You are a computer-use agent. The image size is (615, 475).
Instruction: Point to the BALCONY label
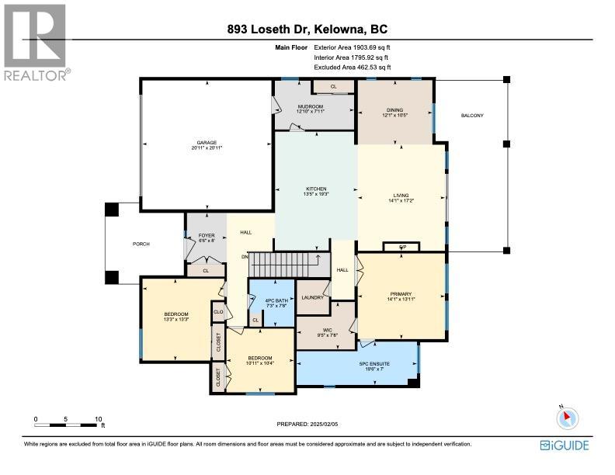pos(472,116)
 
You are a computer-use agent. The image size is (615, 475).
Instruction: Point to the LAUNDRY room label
pos(312,297)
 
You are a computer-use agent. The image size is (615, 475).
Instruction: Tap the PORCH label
pos(141,244)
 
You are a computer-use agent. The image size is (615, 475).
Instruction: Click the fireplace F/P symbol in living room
pos(402,247)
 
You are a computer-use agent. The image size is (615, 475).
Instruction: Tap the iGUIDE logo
pos(564,445)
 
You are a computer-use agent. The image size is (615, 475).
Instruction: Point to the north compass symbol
pos(567,418)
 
